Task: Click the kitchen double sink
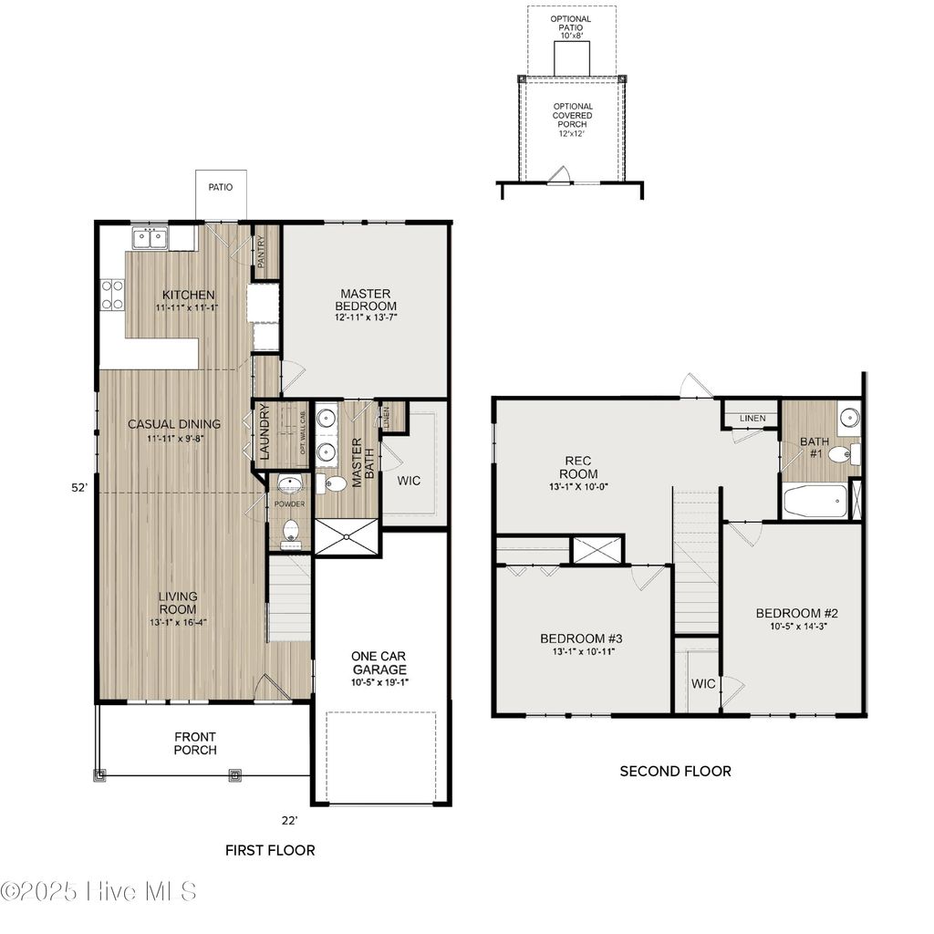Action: coord(150,239)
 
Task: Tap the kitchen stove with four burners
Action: coord(112,294)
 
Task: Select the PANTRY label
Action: coord(261,252)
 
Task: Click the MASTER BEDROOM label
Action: coord(366,299)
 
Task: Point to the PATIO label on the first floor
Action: coord(220,187)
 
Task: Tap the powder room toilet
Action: coord(290,529)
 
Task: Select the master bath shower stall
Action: coord(346,536)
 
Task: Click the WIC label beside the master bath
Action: coord(410,481)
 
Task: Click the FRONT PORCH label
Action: coord(195,743)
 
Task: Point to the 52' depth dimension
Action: coord(79,488)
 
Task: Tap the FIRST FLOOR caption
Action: coord(270,850)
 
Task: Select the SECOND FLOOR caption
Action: coord(675,771)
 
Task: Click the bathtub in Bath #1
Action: coord(814,502)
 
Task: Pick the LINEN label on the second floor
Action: coord(752,419)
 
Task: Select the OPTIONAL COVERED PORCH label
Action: coord(572,120)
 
